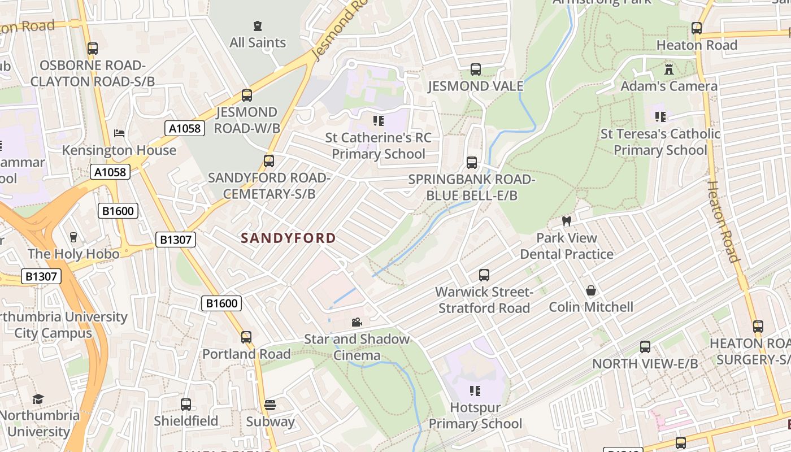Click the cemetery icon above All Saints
258,25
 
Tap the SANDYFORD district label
288,238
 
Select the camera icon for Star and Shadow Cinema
357,322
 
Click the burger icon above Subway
270,405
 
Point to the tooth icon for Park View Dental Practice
567,221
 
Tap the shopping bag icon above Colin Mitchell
591,290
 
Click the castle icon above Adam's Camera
669,69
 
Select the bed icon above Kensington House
119,133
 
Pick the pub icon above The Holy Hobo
73,237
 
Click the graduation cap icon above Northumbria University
38,399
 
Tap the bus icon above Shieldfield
186,405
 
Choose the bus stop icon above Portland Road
246,337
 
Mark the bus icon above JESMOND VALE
476,69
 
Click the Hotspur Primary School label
475,415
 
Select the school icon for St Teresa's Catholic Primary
660,117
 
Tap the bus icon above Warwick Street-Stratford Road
484,275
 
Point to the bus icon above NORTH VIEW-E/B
645,347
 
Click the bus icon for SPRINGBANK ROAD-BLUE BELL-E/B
472,163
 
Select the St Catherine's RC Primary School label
378,146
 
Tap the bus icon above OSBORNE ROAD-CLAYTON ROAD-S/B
93,49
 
